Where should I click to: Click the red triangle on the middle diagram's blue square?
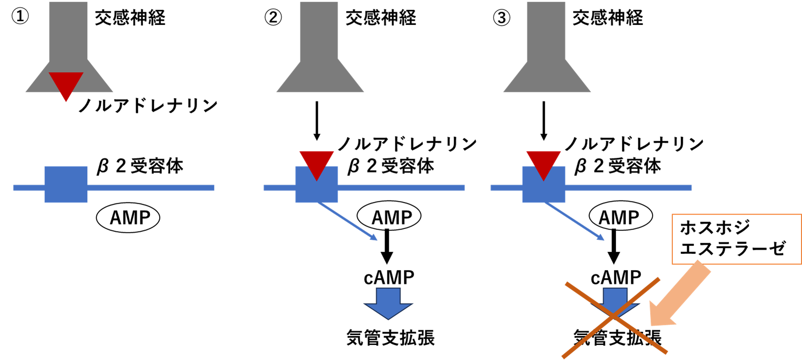pyautogui.click(x=316, y=162)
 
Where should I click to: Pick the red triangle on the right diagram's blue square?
pyautogui.click(x=543, y=162)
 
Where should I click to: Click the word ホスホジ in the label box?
pyautogui.click(x=715, y=228)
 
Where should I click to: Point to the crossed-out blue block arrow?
pyautogui.click(x=615, y=299)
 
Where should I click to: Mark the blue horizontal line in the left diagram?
pyautogui.click(x=150, y=188)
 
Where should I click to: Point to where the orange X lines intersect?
pyautogui.click(x=614, y=318)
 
